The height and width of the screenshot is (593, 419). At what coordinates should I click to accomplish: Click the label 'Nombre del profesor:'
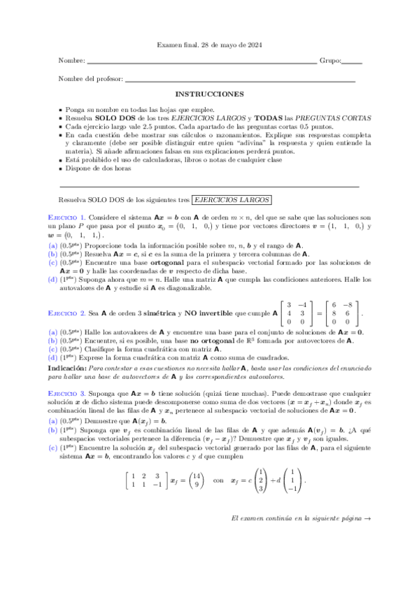click(90, 78)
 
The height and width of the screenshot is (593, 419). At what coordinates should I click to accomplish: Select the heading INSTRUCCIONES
click(209, 94)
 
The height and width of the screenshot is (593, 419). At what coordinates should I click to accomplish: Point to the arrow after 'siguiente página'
click(368, 538)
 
